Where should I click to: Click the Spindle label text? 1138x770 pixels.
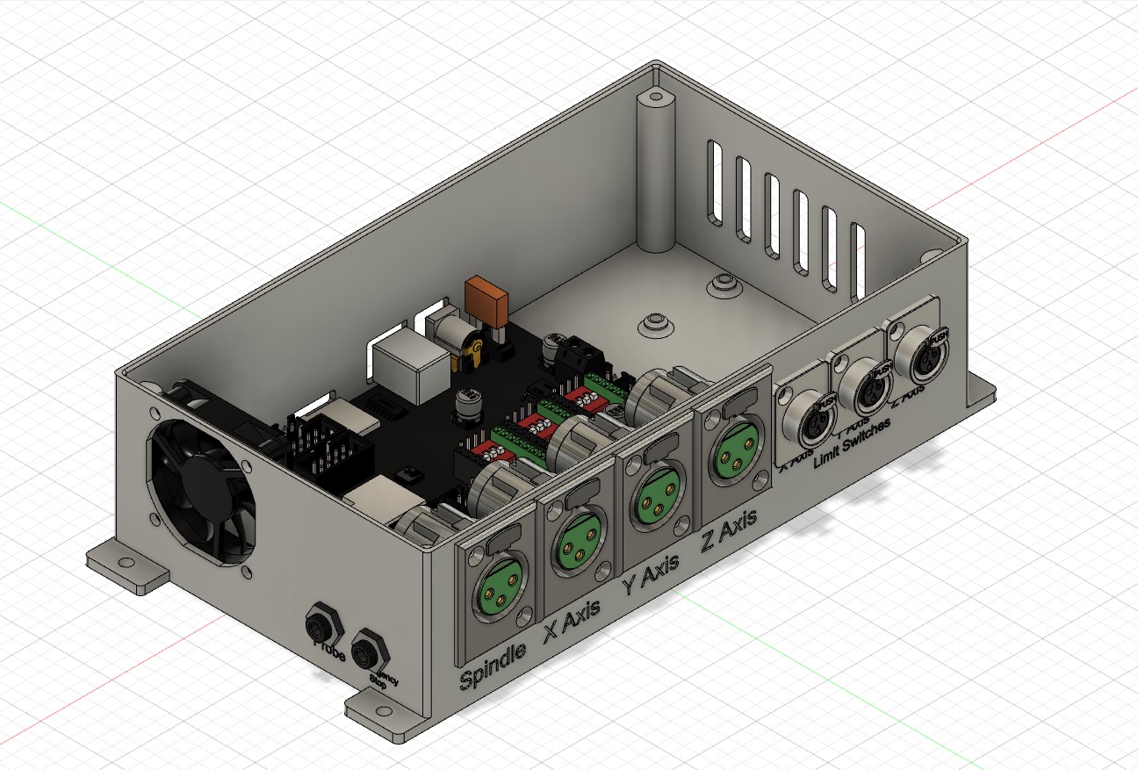pos(493,666)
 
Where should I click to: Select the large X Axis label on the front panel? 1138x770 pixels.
pos(572,621)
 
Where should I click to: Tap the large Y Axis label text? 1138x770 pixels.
pos(651,577)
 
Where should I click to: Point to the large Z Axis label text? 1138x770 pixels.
pos(729,531)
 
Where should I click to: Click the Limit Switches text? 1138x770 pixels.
pos(852,443)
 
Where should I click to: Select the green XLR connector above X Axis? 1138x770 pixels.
pos(574,546)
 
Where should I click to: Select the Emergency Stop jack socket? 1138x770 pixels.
pos(366,652)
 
